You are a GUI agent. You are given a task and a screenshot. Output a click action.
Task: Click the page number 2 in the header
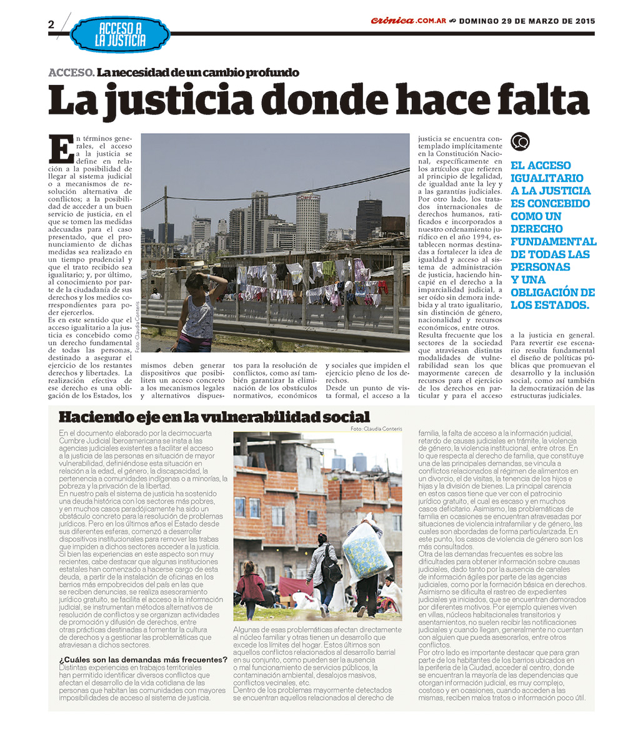point(51,24)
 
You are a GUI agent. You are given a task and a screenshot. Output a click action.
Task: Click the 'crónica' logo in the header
point(392,21)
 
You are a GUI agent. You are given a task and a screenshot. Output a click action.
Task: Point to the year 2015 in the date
point(582,21)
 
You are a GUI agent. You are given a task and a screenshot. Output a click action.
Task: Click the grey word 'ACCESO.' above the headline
point(71,72)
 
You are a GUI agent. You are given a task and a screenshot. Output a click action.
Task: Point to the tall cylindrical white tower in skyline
point(307,222)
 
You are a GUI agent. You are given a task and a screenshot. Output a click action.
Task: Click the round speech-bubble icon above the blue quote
point(520,142)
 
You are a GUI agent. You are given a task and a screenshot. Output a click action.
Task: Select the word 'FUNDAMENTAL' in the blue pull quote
point(553,241)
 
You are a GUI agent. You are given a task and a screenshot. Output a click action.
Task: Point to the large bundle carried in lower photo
point(367,550)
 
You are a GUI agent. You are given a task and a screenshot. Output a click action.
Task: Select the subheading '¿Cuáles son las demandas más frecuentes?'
point(143,659)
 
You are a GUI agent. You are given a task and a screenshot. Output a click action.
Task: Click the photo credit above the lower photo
point(376,429)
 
